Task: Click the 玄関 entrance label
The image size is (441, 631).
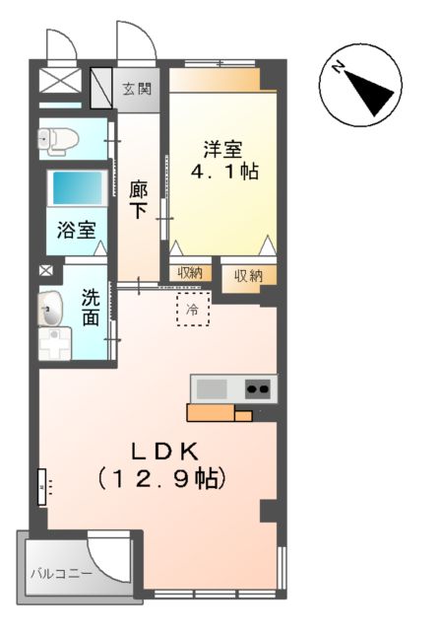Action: point(137,89)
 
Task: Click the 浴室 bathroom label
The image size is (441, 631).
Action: point(76,232)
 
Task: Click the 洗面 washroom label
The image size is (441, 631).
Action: point(91,306)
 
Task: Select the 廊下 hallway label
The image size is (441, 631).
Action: point(138,198)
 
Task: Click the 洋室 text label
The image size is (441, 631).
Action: point(223,149)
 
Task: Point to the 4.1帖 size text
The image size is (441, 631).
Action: point(223,172)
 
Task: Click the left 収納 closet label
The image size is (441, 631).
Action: point(191,273)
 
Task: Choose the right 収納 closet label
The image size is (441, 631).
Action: point(248,276)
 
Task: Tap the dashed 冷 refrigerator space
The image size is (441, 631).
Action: point(193,310)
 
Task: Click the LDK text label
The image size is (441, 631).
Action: point(168,452)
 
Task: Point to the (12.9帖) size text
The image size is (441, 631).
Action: point(162,480)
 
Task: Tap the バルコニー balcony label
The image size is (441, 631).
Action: point(59,573)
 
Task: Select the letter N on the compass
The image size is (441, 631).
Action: point(338,68)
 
